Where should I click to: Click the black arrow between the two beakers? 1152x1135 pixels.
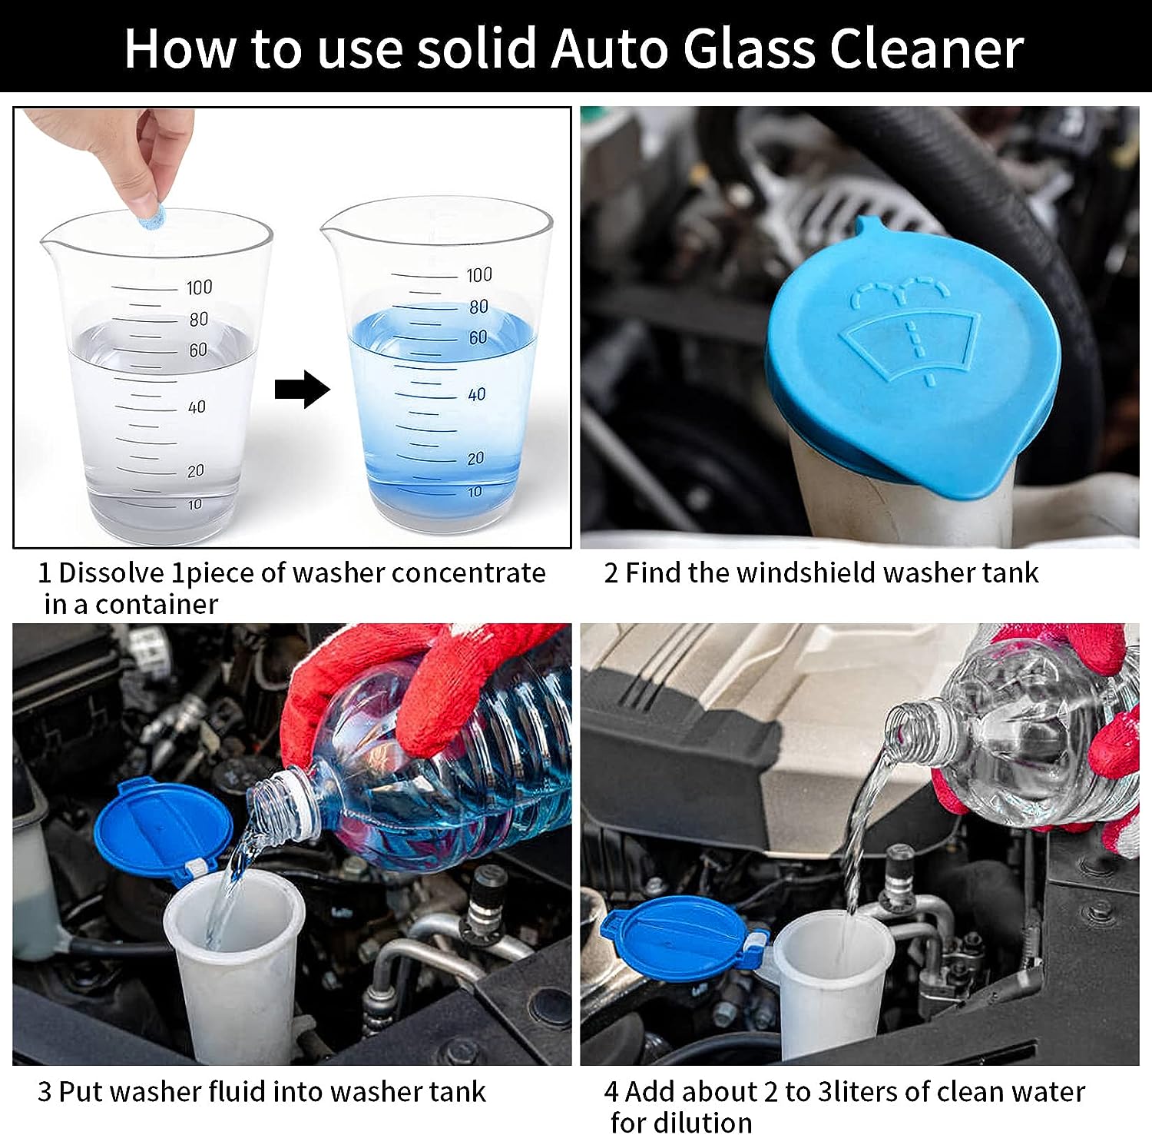point(302,389)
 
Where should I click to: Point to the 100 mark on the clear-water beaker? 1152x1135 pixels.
point(199,287)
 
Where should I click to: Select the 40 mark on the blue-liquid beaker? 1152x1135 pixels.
point(477,394)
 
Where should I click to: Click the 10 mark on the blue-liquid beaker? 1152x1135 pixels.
point(475,492)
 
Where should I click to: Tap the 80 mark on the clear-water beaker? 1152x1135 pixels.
point(199,319)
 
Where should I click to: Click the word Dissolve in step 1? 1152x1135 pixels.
point(111,573)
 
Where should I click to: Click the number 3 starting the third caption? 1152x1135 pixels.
point(45,1092)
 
